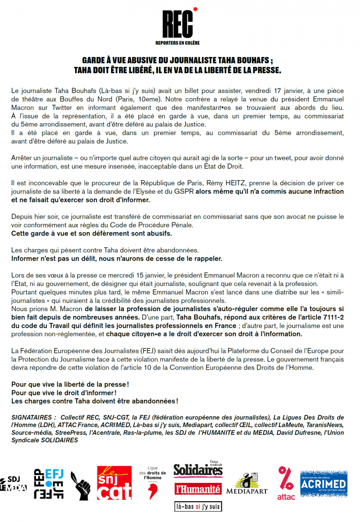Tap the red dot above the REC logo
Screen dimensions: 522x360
pos(195,9)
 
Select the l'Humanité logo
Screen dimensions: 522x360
pos(198,489)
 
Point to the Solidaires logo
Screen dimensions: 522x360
pos(198,471)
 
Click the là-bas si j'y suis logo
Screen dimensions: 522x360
pos(198,506)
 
